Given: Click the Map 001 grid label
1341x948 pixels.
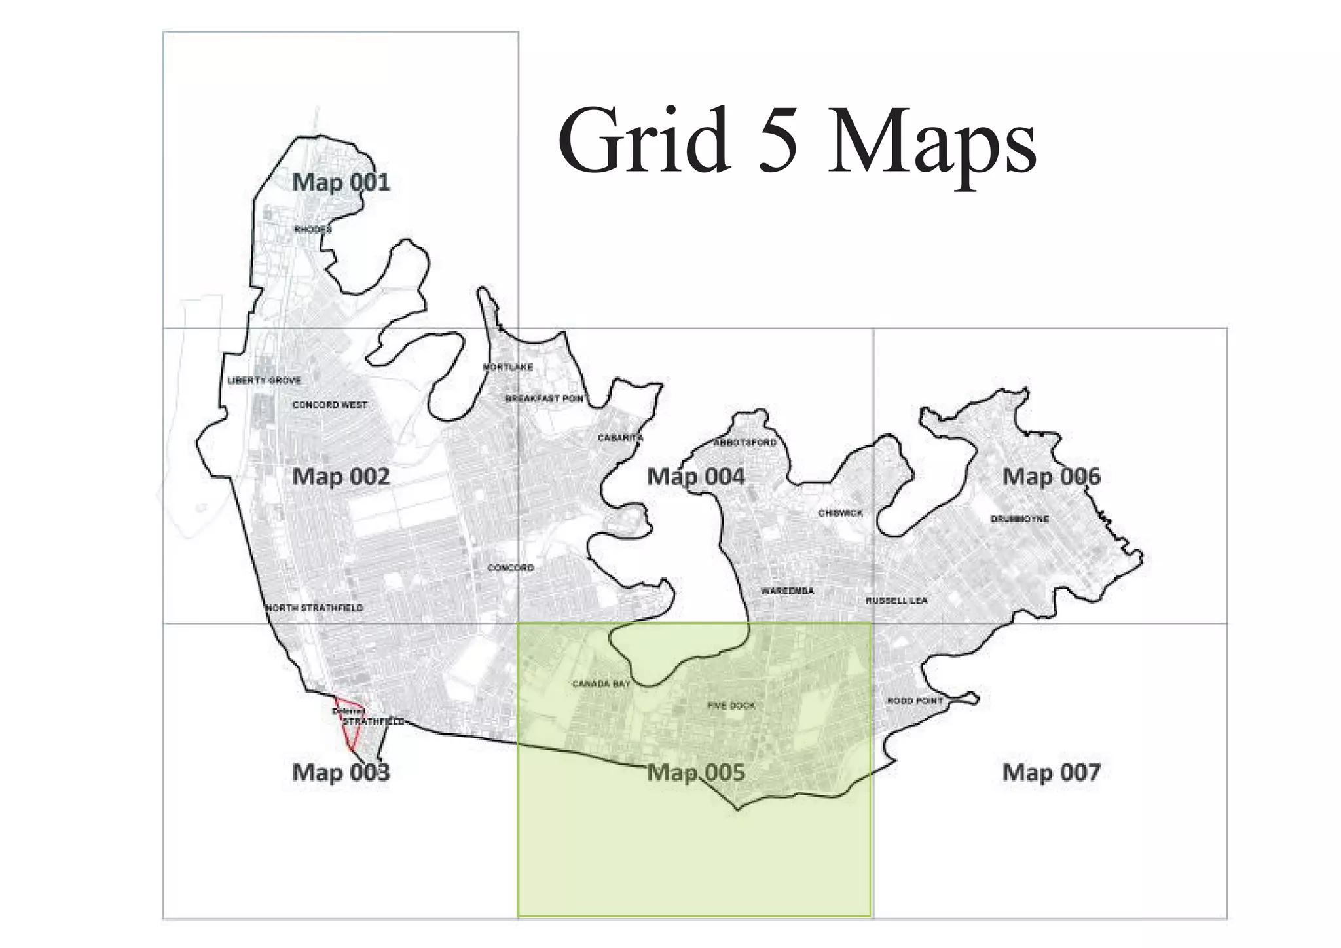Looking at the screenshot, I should pyautogui.click(x=340, y=182).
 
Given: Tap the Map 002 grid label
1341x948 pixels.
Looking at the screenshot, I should pyautogui.click(x=340, y=477).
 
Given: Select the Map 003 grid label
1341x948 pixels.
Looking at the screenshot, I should pyautogui.click(x=340, y=773).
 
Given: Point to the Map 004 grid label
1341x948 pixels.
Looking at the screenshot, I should pyautogui.click(x=695, y=477).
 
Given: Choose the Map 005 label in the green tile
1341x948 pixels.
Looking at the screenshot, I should pyautogui.click(x=695, y=773).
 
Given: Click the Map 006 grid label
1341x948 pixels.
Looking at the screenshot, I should pyautogui.click(x=1051, y=477).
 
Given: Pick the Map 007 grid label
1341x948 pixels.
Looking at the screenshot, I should pyautogui.click(x=1051, y=773).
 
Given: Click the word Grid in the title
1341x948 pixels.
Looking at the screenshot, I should pyautogui.click(x=644, y=141).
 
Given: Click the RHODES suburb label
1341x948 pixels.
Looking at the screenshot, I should pyautogui.click(x=312, y=230).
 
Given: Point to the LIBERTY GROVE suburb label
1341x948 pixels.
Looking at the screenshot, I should pyautogui.click(x=264, y=380).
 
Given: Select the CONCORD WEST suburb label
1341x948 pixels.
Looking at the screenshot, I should pyautogui.click(x=330, y=405).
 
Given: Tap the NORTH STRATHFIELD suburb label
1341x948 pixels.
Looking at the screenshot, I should pyautogui.click(x=314, y=608).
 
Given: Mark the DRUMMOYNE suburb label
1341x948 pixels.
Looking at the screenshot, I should pyautogui.click(x=1020, y=519).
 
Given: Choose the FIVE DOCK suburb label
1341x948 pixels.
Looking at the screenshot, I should pyautogui.click(x=731, y=706).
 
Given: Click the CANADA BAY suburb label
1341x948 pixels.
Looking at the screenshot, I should pyautogui.click(x=601, y=684).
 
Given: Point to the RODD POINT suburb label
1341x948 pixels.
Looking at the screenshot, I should pyautogui.click(x=915, y=701).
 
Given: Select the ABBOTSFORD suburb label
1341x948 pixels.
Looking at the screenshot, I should pyautogui.click(x=744, y=443).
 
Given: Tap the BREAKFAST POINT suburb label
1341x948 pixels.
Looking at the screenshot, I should pyautogui.click(x=544, y=399).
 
